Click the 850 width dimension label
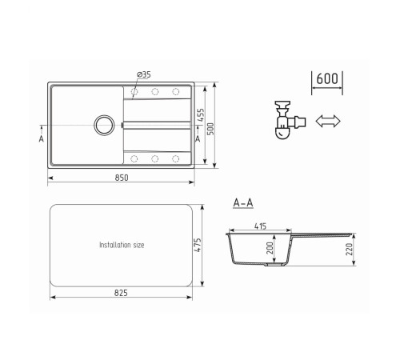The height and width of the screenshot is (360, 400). pos(122,178)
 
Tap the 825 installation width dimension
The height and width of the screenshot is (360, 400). pos(121,293)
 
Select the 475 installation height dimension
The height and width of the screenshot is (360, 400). pos(198,245)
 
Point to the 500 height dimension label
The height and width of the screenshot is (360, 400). pos(210,129)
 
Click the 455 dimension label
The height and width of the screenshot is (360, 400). pos(201,115)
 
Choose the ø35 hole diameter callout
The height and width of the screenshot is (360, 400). pos(144,74)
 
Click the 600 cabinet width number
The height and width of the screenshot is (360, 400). pos(327,78)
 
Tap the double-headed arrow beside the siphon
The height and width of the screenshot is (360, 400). pos(328,121)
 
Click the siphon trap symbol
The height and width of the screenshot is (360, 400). pos(290,120)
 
